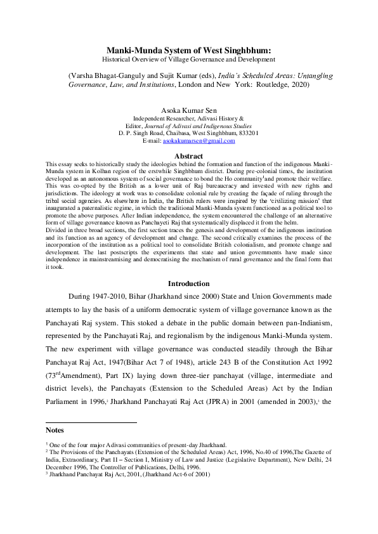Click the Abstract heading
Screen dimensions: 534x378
pyautogui.click(x=188, y=156)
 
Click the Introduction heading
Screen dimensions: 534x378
pyautogui.click(x=188, y=283)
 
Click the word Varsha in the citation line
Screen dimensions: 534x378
pyautogui.click(x=84, y=74)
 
